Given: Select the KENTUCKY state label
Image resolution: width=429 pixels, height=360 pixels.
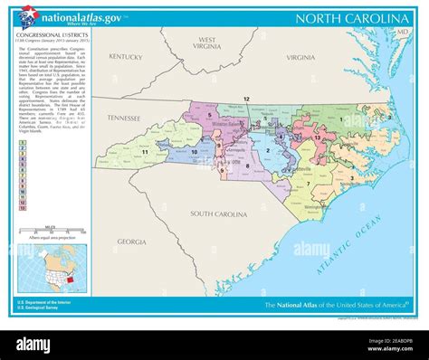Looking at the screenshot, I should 127,56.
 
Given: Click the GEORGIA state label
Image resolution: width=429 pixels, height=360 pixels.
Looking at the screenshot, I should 131,242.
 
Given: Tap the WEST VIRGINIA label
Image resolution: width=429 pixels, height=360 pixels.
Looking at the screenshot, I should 207,44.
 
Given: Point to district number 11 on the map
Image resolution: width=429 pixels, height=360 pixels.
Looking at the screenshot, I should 145,152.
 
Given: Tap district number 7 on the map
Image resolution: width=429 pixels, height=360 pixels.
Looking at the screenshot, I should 309,184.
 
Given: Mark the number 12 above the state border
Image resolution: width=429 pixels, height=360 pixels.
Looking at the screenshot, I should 245,97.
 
